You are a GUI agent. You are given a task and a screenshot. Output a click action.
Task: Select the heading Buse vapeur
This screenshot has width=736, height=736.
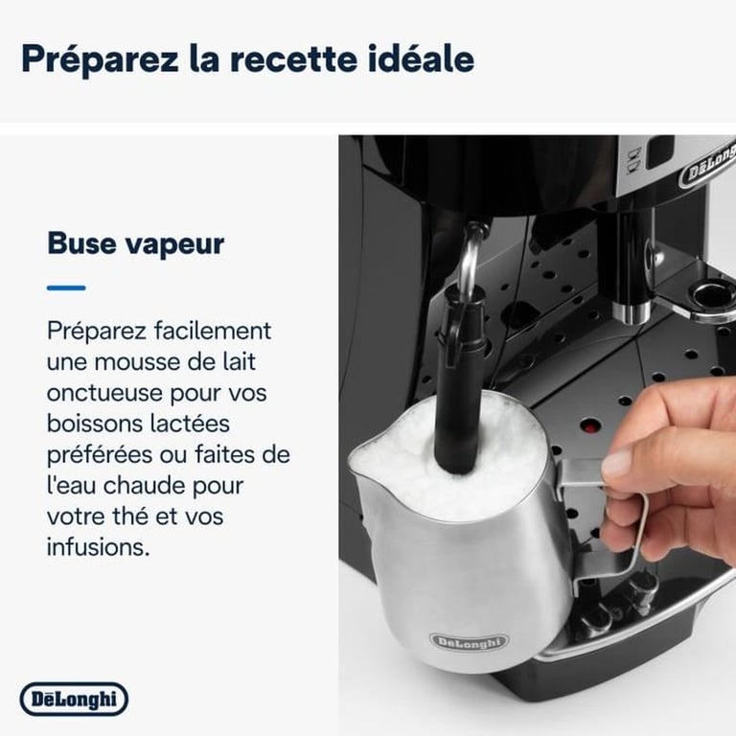(x=135, y=242)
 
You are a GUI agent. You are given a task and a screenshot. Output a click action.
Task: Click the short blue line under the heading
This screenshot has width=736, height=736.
(x=66, y=287)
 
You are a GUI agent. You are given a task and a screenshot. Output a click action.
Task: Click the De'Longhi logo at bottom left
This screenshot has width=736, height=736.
(x=74, y=699)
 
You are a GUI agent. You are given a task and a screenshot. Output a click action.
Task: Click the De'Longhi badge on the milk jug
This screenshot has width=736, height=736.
(x=470, y=640)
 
